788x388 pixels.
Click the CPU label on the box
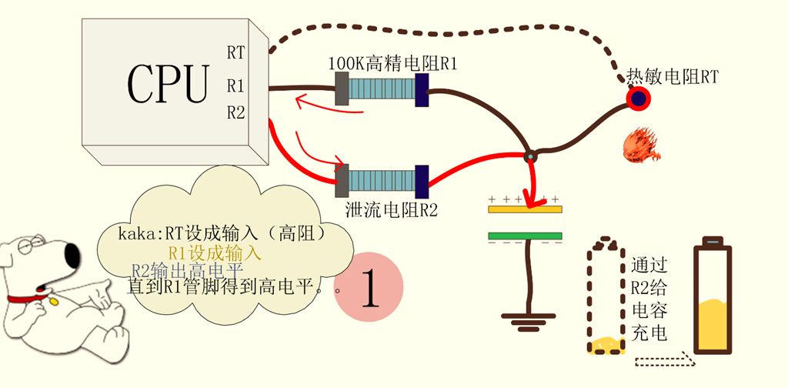click(168, 82)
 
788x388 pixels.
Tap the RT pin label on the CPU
click(235, 52)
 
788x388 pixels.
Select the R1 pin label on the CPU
click(235, 84)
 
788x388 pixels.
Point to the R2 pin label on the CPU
click(235, 113)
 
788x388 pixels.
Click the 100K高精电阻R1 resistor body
click(382, 90)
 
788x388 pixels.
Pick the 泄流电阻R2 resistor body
click(382, 182)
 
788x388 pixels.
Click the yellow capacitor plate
click(526, 208)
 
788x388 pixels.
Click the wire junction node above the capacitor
click(529, 157)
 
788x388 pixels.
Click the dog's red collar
click(31, 299)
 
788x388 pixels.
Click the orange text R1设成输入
click(215, 252)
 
